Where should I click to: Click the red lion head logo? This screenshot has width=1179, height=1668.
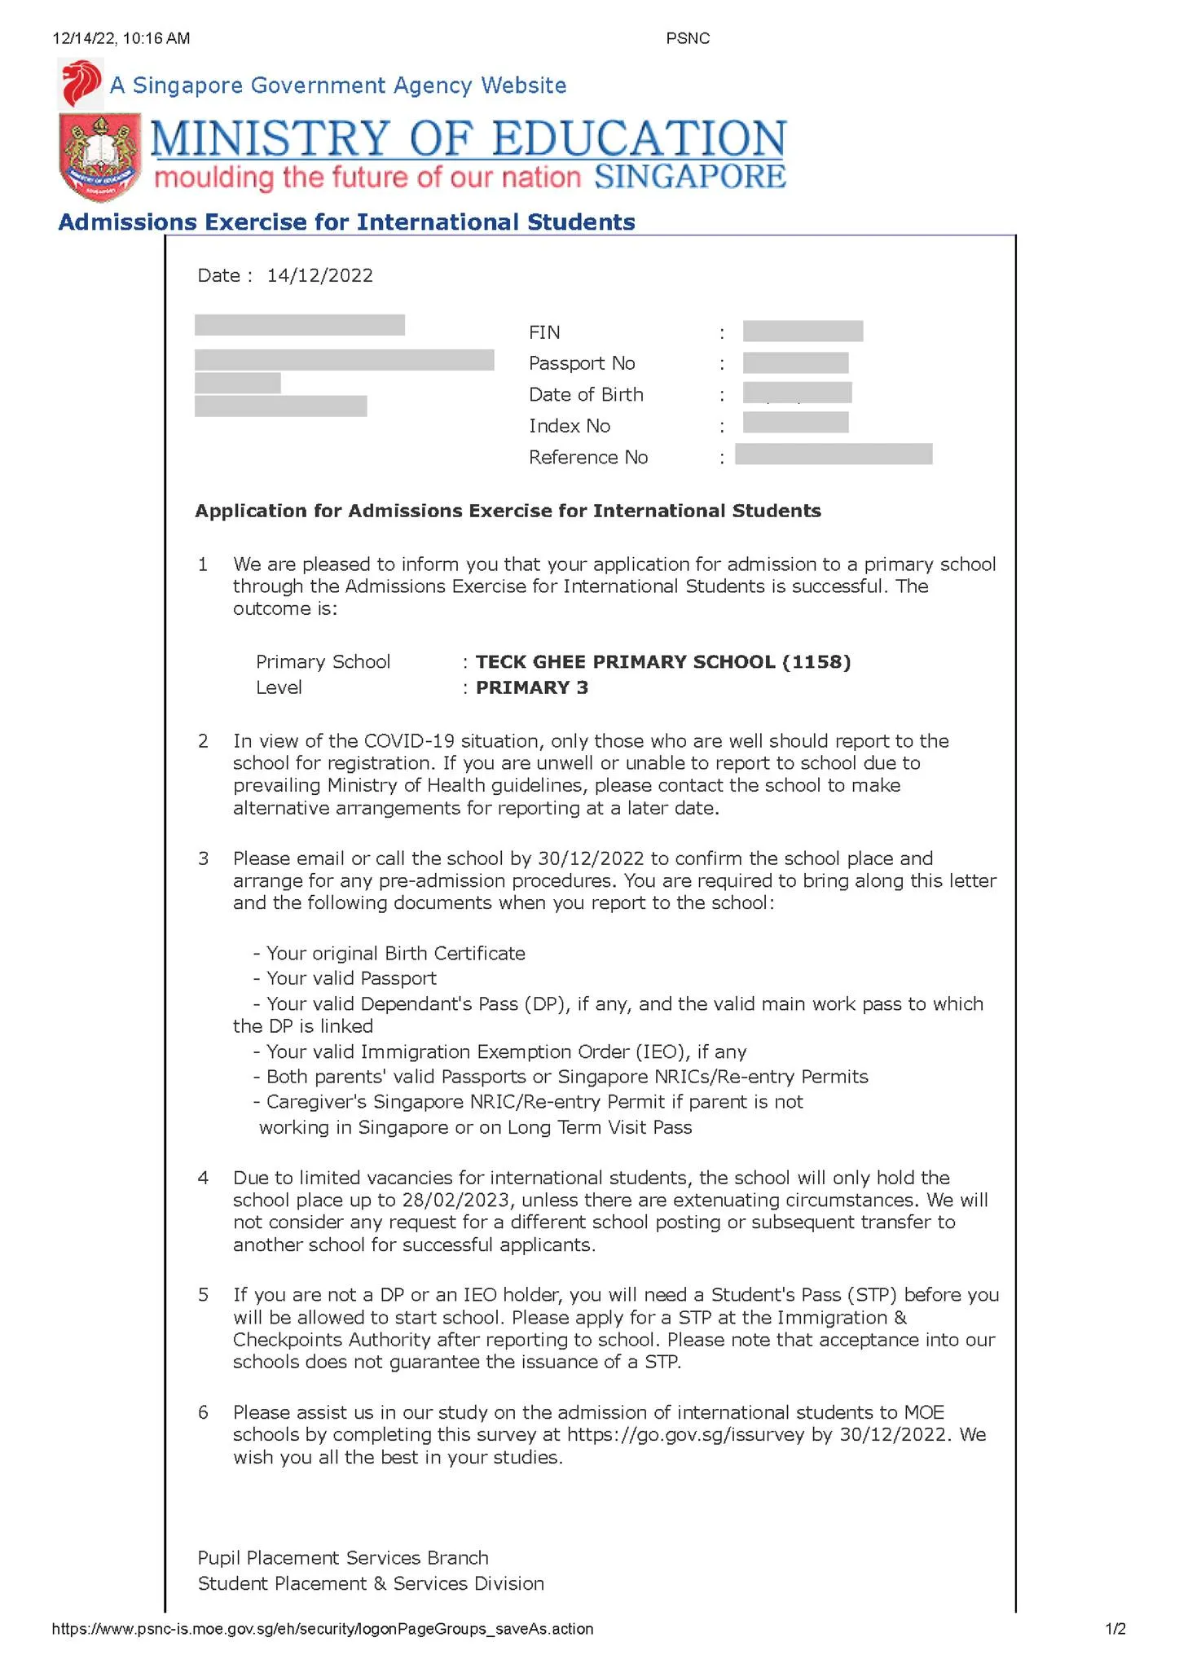pyautogui.click(x=81, y=83)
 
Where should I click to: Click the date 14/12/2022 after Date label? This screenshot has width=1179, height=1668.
pyautogui.click(x=319, y=275)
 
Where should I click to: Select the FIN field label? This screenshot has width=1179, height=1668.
pyautogui.click(x=544, y=332)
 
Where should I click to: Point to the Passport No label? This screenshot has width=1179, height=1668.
pyautogui.click(x=582, y=363)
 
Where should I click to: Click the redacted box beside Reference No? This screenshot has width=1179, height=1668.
pyautogui.click(x=834, y=454)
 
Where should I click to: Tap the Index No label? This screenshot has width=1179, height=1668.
pyautogui.click(x=570, y=426)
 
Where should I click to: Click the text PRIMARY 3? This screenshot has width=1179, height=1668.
pyautogui.click(x=531, y=687)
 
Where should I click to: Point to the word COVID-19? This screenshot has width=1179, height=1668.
pyautogui.click(x=410, y=741)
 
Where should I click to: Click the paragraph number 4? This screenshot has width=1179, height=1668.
pyautogui.click(x=203, y=1178)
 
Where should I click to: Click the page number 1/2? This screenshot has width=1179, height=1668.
pyautogui.click(x=1115, y=1629)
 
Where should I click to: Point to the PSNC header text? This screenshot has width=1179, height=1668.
pyautogui.click(x=688, y=38)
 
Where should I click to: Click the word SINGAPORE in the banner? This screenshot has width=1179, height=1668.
pyautogui.click(x=690, y=177)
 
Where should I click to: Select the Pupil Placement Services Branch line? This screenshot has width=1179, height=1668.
pyautogui.click(x=343, y=1558)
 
